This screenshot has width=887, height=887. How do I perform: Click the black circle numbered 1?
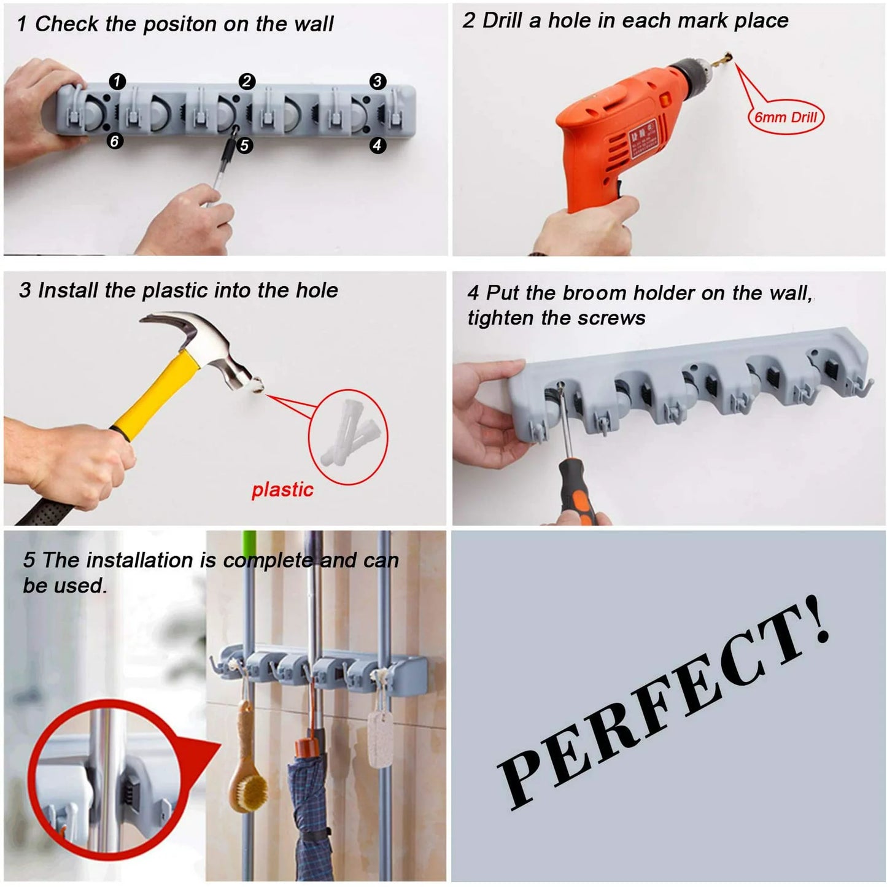pos(117,81)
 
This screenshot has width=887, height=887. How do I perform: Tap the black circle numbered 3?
pos(378,81)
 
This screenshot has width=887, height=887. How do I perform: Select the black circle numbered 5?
pos(244,145)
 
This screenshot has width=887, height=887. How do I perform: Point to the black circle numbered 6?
pos(115,141)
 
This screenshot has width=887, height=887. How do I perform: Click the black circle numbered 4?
pos(378,145)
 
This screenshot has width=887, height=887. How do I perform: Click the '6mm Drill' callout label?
pos(786,117)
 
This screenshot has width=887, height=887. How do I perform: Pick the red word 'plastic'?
pos(282,490)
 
